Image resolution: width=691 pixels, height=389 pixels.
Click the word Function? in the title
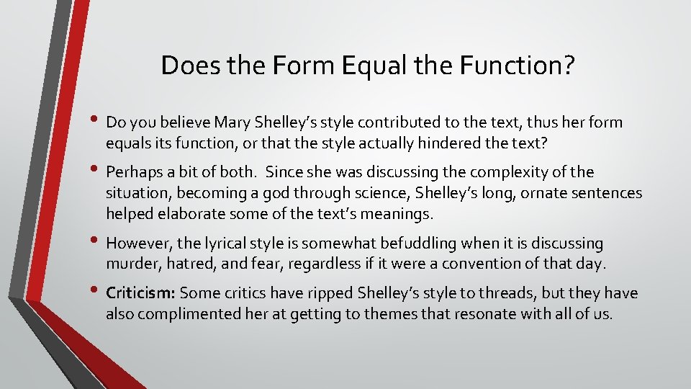click(x=516, y=66)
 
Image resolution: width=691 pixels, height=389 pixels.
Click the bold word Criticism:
click(x=140, y=293)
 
